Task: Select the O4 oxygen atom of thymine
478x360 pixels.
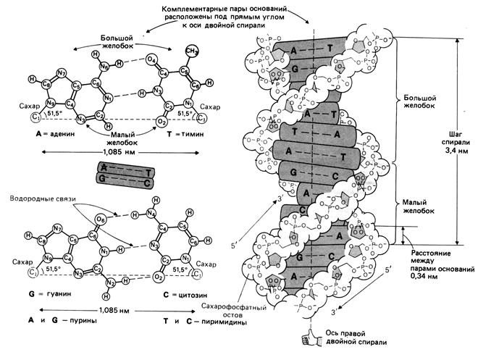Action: tap(150, 59)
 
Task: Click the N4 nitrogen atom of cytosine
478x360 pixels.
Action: tap(152, 212)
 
